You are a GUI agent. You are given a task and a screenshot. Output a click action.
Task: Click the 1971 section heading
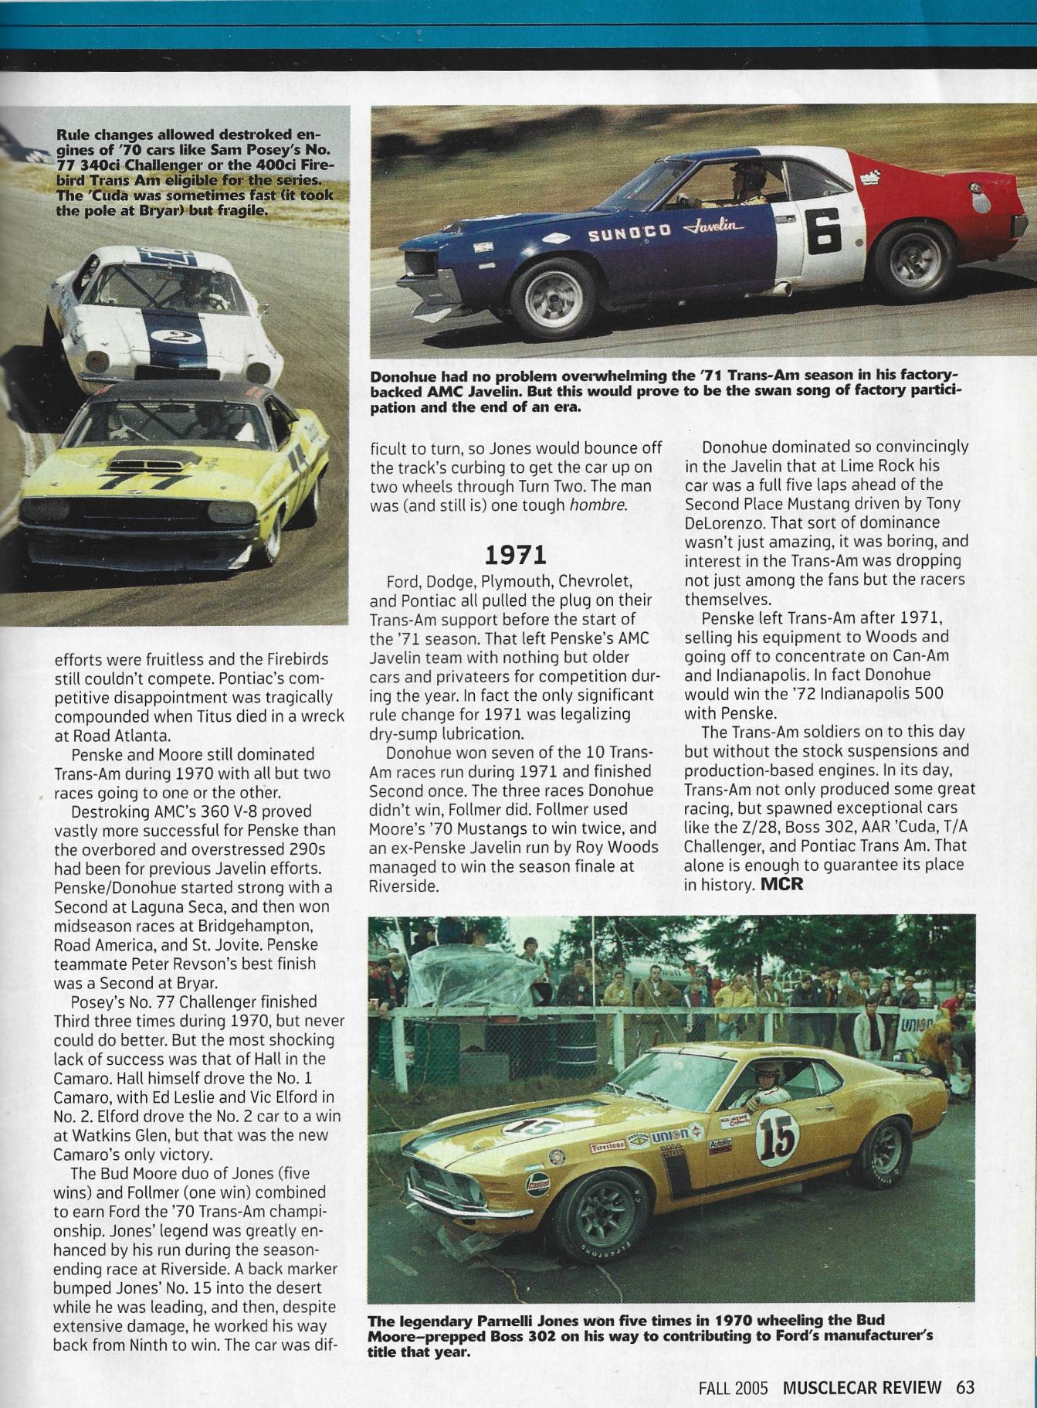pyautogui.click(x=515, y=555)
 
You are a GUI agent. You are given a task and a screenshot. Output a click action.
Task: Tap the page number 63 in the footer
pyautogui.click(x=965, y=1387)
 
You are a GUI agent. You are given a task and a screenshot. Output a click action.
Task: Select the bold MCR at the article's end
pyautogui.click(x=782, y=884)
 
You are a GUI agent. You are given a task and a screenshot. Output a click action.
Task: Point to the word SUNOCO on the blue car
pyautogui.click(x=629, y=233)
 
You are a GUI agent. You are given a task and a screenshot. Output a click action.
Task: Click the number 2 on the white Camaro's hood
pyautogui.click(x=164, y=335)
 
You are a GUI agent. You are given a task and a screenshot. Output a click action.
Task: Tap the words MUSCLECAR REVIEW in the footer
pyautogui.click(x=862, y=1387)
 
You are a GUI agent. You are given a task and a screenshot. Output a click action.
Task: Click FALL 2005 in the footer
pyautogui.click(x=733, y=1387)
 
